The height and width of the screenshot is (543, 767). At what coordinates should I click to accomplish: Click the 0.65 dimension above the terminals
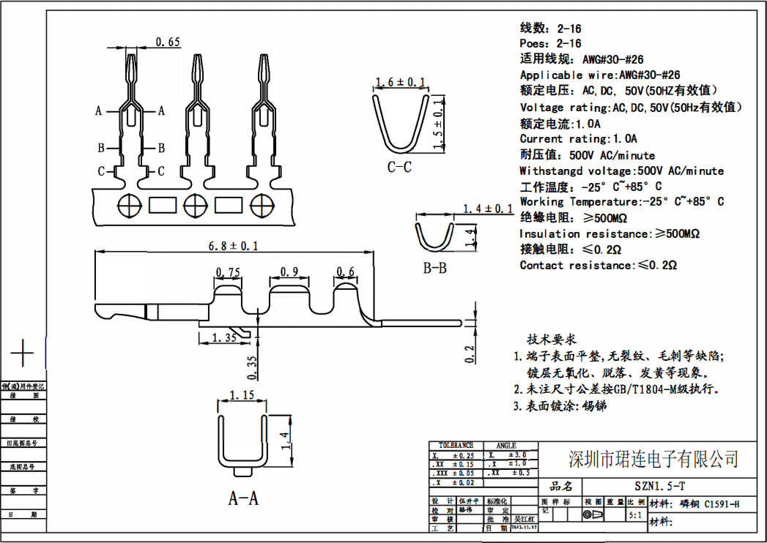point(168,42)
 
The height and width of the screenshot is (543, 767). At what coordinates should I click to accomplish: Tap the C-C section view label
point(399,167)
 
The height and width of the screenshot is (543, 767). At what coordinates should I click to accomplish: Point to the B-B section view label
point(434,268)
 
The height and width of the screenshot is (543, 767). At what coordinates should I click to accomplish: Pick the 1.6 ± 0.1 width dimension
point(399,82)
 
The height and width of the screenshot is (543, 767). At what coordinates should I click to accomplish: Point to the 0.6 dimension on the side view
point(345,272)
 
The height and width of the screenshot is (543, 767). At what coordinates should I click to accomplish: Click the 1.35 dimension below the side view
point(223,337)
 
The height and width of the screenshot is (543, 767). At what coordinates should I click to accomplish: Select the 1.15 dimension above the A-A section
point(242,395)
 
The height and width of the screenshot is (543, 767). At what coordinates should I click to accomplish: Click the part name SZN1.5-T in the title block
point(660,487)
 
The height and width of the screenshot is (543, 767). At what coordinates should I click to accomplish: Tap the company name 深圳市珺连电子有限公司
point(653,459)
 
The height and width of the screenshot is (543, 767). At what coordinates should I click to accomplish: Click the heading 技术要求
point(552,340)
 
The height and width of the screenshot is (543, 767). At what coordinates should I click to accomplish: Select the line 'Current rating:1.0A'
point(579,139)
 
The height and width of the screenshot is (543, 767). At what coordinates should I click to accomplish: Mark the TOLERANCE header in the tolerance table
point(456,445)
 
